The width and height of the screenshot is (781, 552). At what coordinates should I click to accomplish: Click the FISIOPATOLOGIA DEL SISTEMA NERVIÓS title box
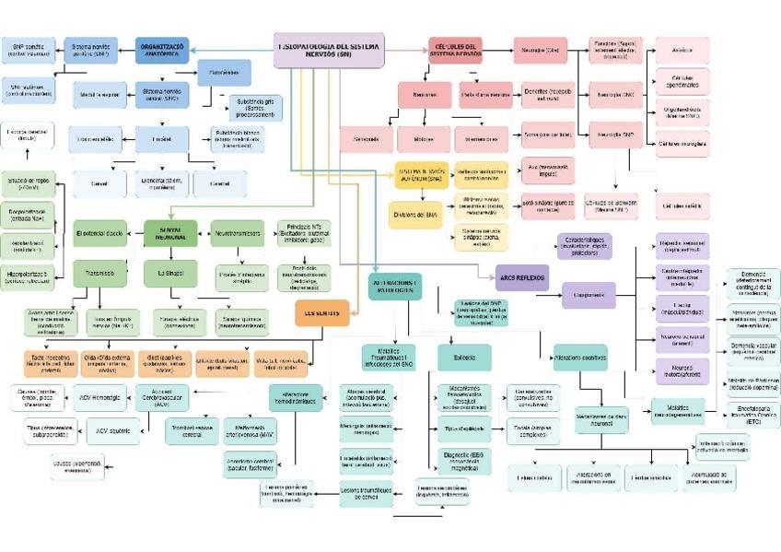(329, 50)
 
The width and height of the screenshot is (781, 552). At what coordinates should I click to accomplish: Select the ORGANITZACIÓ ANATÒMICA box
(162, 49)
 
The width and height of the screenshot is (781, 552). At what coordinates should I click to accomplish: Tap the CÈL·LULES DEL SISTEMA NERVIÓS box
(454, 49)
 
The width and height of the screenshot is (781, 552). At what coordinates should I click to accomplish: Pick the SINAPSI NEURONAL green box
(170, 233)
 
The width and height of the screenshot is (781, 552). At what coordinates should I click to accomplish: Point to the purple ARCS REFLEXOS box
(520, 276)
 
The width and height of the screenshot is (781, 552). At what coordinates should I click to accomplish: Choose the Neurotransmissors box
(237, 233)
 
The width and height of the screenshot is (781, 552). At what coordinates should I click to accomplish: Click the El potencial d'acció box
(100, 233)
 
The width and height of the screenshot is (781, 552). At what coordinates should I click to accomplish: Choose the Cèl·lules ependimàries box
(682, 81)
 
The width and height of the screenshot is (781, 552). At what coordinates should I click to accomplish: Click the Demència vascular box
(752, 351)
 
